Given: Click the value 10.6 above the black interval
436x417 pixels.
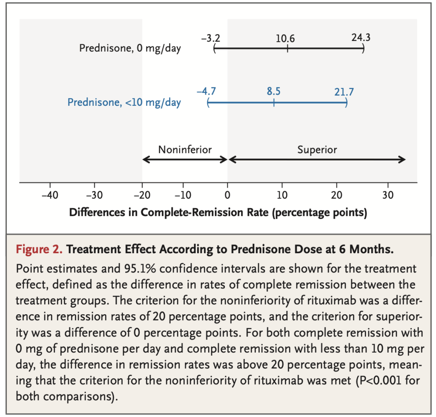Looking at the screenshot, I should click(x=285, y=39).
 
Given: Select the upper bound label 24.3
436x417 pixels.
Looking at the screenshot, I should click(x=361, y=37).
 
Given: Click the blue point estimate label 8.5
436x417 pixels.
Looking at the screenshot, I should click(x=274, y=91).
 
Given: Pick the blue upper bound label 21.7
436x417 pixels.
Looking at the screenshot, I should click(x=344, y=91).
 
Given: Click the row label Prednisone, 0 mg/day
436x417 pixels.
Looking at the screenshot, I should click(x=130, y=48).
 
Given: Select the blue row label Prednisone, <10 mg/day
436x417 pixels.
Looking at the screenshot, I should click(x=124, y=102).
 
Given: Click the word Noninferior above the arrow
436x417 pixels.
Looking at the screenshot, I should click(x=185, y=149).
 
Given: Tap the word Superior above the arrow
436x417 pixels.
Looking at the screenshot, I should click(x=317, y=149).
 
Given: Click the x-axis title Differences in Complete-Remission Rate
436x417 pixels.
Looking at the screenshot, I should click(x=218, y=212).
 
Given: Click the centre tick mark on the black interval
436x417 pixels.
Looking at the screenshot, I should click(x=288, y=48).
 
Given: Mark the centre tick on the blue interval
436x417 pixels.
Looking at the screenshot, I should click(x=274, y=102).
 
